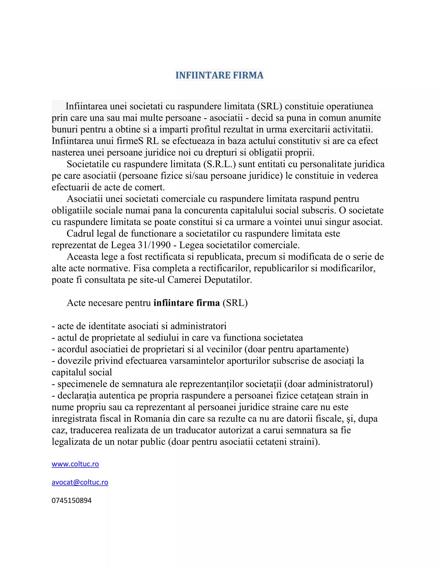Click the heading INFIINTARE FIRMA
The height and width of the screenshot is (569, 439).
[219, 75]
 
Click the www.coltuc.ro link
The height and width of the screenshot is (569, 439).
[75, 464]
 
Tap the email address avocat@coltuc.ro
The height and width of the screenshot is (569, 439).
[80, 482]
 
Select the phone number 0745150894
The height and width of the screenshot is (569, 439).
[72, 500]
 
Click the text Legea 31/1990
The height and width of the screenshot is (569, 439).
[141, 245]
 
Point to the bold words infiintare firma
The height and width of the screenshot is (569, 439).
[186, 303]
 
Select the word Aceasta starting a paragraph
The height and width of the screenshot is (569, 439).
[83, 257]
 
